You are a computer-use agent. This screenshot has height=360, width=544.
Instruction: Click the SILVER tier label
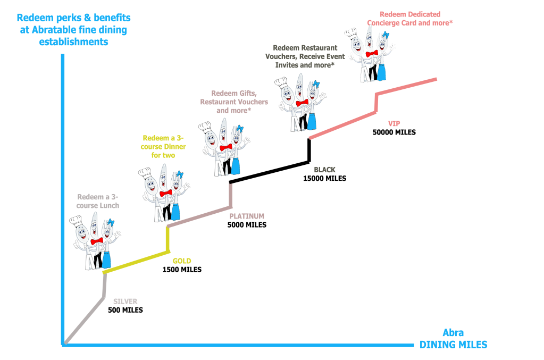click(125, 302)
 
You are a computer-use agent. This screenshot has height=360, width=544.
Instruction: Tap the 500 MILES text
click(125, 310)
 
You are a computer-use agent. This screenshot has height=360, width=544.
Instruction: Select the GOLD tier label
click(182, 261)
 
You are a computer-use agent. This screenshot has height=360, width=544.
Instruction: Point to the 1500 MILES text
click(182, 270)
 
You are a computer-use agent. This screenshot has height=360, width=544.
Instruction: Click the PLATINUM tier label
click(246, 216)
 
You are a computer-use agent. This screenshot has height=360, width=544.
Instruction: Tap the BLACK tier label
click(324, 170)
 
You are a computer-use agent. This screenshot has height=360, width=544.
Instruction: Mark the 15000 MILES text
click(324, 179)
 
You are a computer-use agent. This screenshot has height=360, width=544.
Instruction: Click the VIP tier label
click(394, 123)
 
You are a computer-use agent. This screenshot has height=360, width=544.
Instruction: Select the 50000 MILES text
click(394, 132)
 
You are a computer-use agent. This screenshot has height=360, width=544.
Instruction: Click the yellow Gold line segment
click(136, 264)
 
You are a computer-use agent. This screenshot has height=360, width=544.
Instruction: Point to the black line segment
click(269, 172)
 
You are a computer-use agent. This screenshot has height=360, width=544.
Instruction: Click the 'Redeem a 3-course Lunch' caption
click(98, 200)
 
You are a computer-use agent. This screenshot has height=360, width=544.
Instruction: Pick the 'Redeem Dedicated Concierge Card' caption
click(409, 19)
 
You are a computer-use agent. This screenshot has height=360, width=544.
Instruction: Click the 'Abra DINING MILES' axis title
click(453, 339)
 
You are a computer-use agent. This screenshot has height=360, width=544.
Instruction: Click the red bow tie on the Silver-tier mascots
click(97, 242)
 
